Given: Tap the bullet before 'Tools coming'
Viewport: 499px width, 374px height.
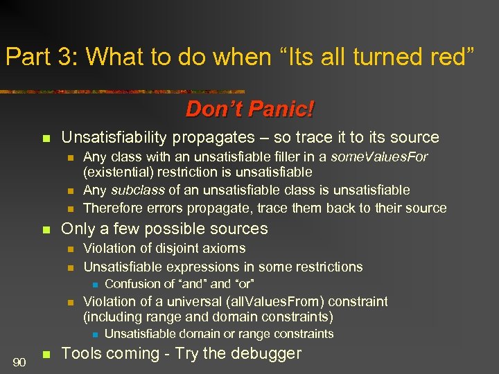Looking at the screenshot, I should pyautogui.click(x=46, y=355).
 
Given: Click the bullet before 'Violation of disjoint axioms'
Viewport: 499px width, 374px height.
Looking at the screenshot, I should pyautogui.click(x=69, y=249).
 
